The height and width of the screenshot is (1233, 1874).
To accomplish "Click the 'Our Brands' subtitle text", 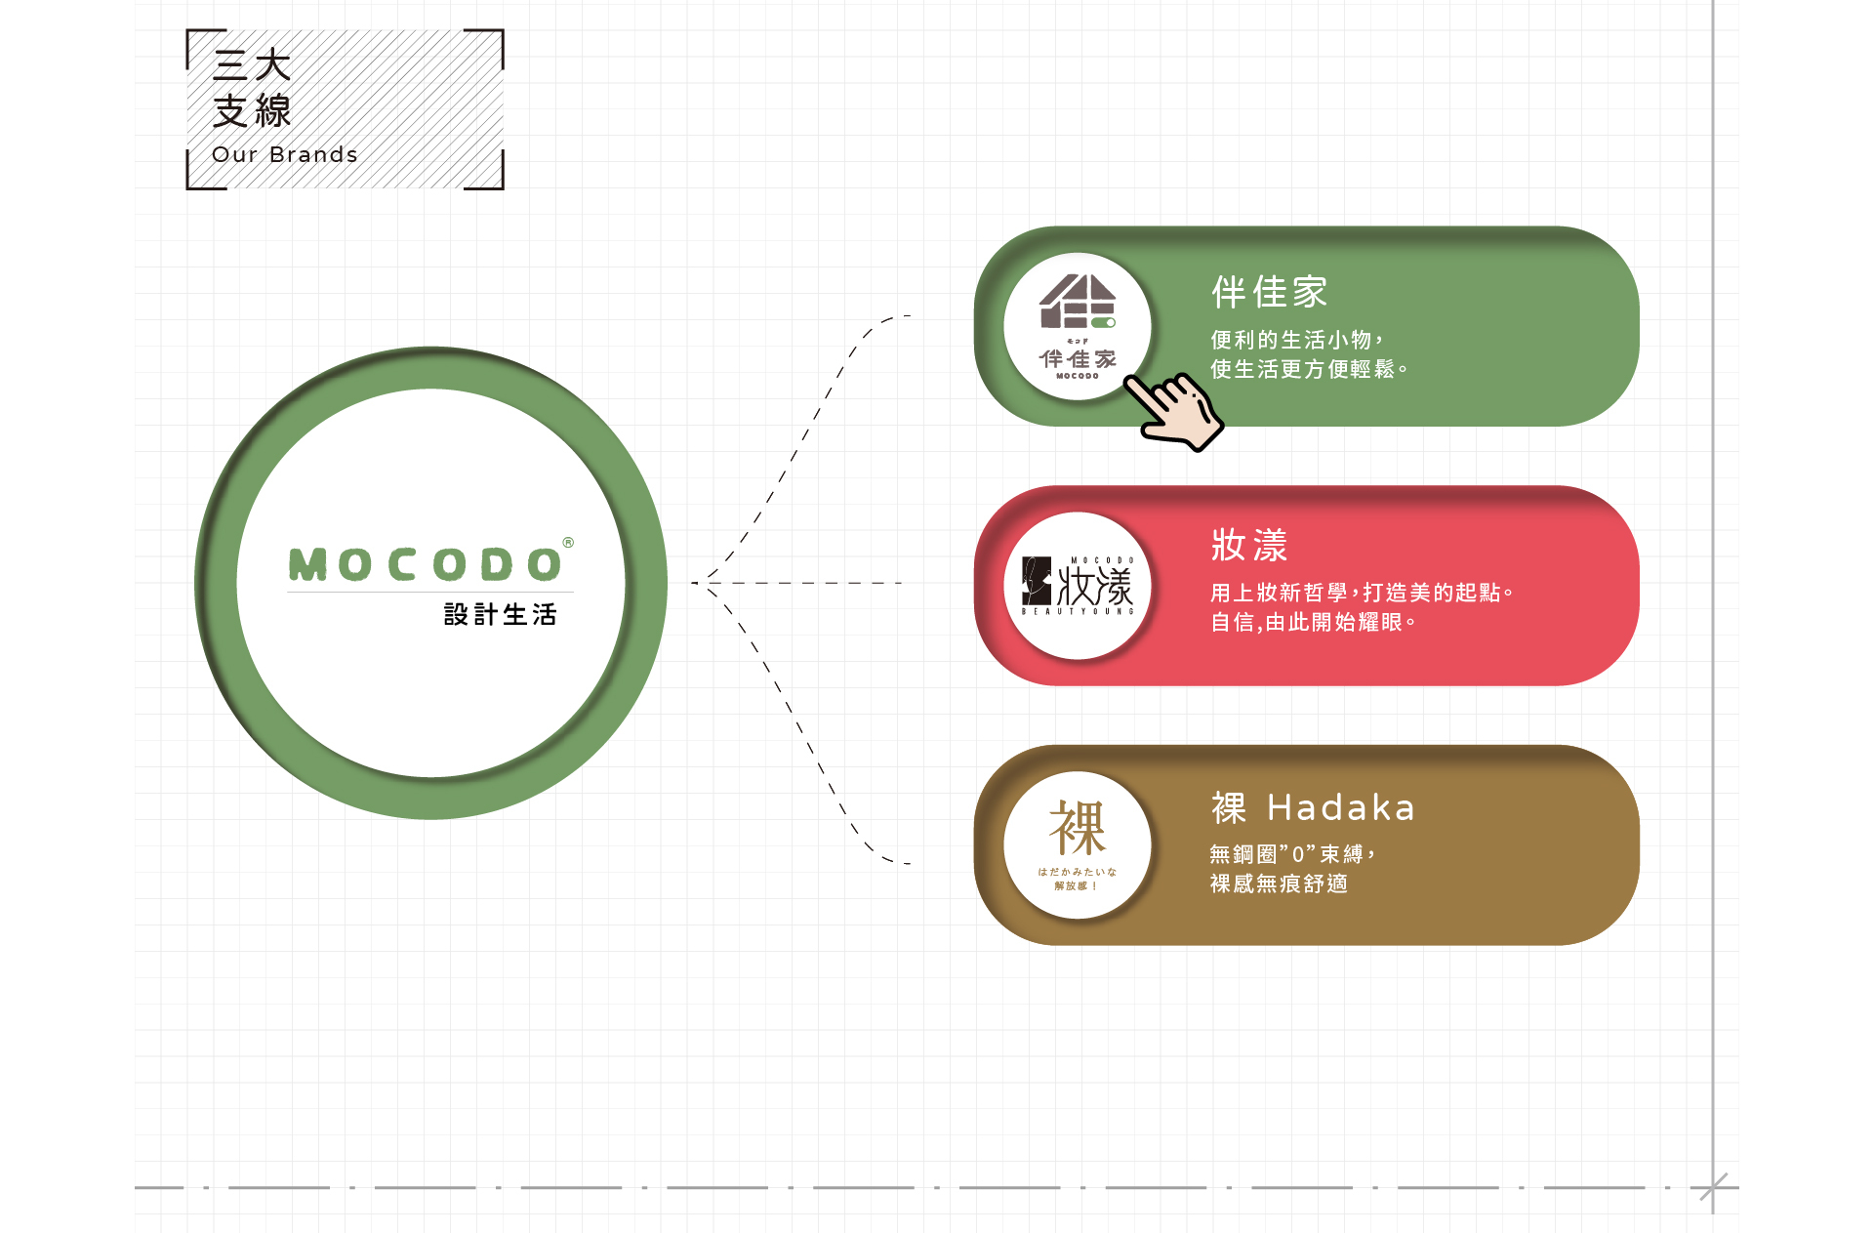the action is point(284,154).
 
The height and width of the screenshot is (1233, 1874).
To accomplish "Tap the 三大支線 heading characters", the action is point(252,88).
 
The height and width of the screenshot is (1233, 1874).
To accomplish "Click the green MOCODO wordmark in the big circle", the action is point(426,564).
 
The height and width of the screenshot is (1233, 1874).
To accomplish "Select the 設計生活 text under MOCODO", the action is point(500,614).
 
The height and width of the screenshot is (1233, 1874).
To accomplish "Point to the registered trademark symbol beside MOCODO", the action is point(568,543).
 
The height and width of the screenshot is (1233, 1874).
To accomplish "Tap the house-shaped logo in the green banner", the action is point(1077,302).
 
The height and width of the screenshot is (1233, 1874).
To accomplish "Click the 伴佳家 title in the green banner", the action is point(1269,292).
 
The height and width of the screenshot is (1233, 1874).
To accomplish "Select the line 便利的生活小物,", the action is point(1296,340).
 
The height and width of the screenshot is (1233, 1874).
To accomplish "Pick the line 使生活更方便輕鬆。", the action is point(1309,369).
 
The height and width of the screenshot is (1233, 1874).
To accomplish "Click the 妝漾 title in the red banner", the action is point(1249,545).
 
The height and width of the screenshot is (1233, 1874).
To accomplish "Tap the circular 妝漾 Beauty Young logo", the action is point(1078,587).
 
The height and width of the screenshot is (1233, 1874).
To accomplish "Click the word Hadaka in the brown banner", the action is point(1340,808).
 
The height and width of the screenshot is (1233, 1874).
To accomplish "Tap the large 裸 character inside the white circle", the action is point(1078,828).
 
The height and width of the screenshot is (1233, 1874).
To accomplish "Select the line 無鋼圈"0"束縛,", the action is point(1292,854).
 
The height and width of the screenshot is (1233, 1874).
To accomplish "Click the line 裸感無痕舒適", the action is point(1279,884).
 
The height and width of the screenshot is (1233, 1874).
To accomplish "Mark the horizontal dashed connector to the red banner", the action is point(800,583).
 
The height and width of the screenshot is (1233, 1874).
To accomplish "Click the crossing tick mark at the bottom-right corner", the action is point(1713,1187).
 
